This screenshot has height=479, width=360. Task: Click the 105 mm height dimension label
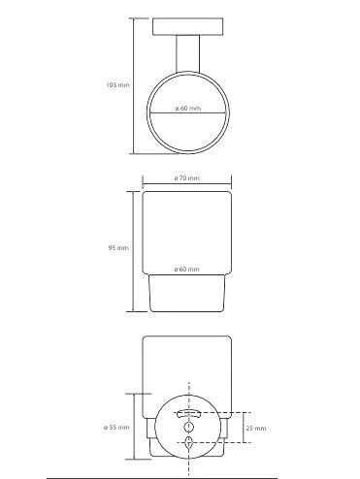click(x=117, y=85)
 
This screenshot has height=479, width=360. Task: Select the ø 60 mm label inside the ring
click(x=188, y=109)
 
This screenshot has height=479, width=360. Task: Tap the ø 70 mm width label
click(x=186, y=178)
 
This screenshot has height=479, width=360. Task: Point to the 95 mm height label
click(x=118, y=248)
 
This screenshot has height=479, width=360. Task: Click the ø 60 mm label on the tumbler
click(x=186, y=269)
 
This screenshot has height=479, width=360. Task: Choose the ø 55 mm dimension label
click(x=116, y=428)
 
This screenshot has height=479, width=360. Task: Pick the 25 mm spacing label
click(x=256, y=429)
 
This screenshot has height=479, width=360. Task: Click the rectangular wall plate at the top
click(x=187, y=26)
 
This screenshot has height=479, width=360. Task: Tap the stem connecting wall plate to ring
click(x=187, y=53)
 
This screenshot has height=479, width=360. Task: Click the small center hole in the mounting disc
click(x=188, y=428)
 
